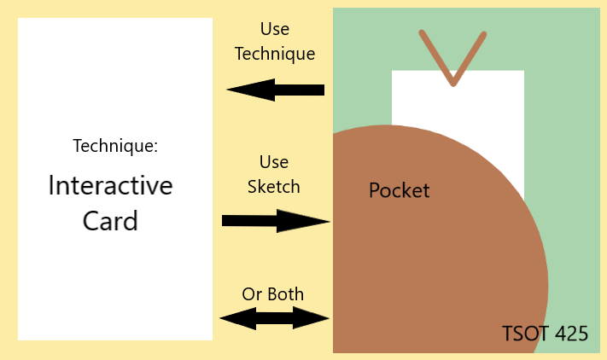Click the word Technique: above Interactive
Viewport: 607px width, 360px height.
tap(115, 146)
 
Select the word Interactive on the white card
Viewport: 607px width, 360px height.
tap(110, 185)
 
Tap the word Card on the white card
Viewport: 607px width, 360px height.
tap(110, 221)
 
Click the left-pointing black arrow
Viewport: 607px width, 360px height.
tap(276, 90)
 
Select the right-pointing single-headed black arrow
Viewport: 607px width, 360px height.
tap(276, 221)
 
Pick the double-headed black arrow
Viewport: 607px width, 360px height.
tap(275, 319)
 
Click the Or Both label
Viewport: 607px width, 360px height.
tap(273, 294)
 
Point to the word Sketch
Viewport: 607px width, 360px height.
tap(273, 186)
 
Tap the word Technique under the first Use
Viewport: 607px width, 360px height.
tap(275, 53)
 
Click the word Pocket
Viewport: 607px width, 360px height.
tap(399, 190)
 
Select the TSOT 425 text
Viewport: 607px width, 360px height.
tap(546, 334)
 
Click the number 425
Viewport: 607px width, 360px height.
tap(571, 334)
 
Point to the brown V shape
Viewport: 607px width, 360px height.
tap(452, 58)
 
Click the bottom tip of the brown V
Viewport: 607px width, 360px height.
tap(452, 84)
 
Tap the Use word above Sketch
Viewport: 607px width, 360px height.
tap(274, 162)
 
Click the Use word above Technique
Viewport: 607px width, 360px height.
tap(274, 30)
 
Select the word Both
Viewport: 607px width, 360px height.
tap(285, 294)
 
